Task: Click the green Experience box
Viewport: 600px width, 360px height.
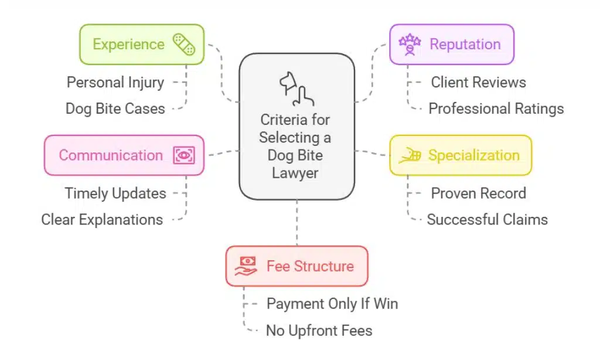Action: click(141, 45)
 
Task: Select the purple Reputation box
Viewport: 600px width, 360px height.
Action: click(452, 45)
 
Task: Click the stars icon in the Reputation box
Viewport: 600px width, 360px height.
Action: click(410, 43)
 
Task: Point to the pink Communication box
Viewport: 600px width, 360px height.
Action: click(124, 155)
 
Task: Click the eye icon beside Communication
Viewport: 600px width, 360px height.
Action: click(184, 155)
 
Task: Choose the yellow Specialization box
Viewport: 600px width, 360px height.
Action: click(461, 155)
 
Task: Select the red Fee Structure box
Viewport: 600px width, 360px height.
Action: click(296, 266)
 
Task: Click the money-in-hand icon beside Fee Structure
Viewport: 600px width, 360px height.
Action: click(246, 266)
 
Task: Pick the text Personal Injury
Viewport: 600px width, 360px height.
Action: click(115, 82)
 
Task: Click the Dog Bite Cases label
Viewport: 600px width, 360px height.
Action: click(115, 108)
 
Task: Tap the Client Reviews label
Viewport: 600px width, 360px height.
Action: click(478, 83)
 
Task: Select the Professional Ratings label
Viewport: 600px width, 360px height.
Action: click(496, 108)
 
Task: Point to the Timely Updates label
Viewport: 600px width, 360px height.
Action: click(115, 193)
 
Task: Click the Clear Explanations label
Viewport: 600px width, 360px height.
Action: click(102, 220)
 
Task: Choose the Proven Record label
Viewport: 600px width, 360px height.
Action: click(478, 193)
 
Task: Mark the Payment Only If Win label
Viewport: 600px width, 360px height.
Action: click(332, 304)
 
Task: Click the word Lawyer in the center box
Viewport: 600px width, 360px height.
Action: click(295, 174)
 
